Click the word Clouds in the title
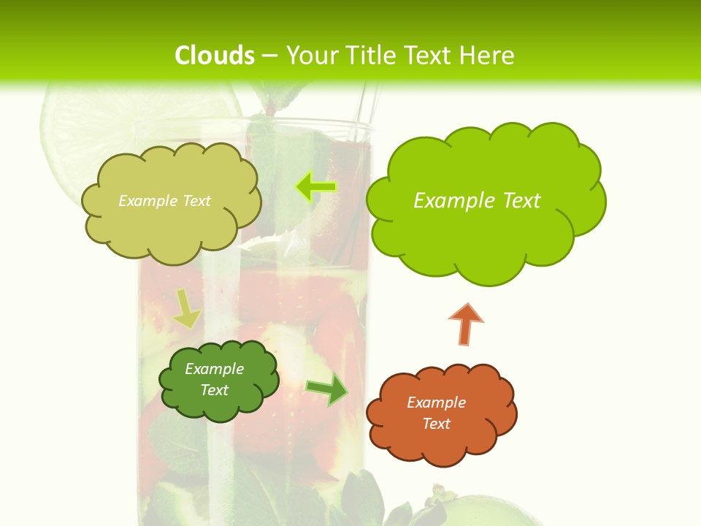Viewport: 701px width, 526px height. click(215, 56)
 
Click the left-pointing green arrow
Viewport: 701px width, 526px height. click(315, 187)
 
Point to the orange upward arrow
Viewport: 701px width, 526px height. click(465, 324)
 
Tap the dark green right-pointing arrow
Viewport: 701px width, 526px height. click(327, 389)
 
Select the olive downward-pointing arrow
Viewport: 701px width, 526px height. click(187, 309)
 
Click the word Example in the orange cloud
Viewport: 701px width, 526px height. click(436, 403)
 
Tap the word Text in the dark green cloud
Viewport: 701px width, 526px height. click(215, 390)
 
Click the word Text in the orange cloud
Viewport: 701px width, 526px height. click(436, 424)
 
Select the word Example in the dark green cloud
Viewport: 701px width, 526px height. click(215, 369)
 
